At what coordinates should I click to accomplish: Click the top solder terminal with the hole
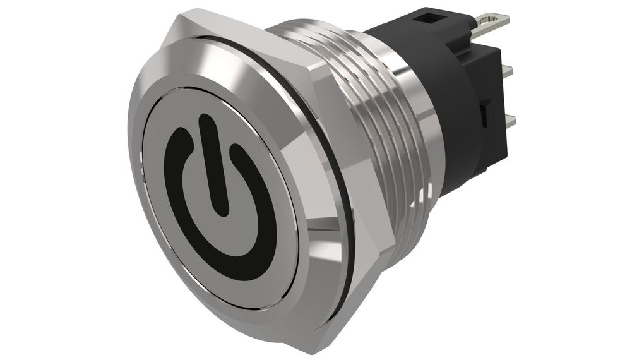[x=493, y=25]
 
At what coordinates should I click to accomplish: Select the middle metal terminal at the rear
[x=505, y=70]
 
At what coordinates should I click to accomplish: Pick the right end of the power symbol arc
[x=237, y=152]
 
